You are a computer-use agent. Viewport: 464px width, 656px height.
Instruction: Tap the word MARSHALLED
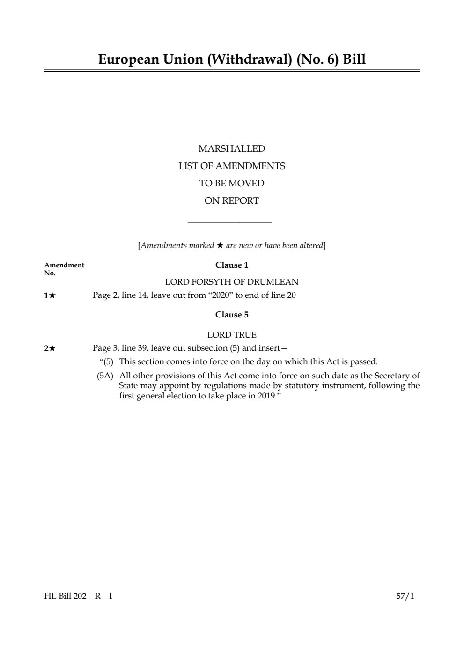(232, 149)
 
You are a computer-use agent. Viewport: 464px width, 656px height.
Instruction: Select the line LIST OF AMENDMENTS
(232, 166)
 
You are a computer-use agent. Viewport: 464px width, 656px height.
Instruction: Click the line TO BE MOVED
(232, 184)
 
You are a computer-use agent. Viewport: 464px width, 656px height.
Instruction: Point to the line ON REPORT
(232, 201)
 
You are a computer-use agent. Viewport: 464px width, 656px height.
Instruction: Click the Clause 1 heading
(232, 265)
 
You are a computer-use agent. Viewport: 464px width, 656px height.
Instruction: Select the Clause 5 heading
(232, 315)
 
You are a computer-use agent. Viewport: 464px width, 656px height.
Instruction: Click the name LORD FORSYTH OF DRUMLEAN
(232, 282)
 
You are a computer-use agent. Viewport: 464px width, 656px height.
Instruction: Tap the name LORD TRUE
(232, 335)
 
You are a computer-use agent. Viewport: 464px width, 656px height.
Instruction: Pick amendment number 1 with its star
(50, 295)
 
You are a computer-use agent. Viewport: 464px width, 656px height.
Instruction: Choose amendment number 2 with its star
(50, 348)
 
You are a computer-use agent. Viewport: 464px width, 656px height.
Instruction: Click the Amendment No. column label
(64, 269)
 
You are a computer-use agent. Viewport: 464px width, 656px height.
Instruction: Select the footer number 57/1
(405, 596)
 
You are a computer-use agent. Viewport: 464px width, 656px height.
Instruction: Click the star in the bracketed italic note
(220, 245)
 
